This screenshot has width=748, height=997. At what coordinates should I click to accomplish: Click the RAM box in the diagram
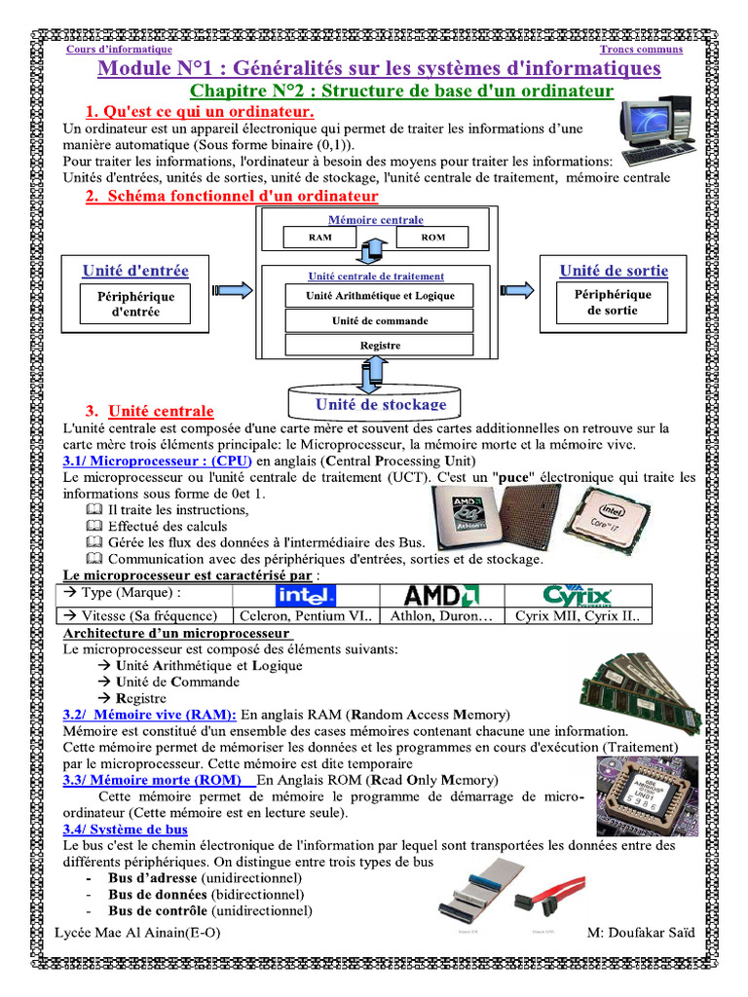(319, 237)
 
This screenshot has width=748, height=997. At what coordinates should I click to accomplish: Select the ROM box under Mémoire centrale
(432, 237)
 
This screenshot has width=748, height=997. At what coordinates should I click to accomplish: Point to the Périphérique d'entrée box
(135, 304)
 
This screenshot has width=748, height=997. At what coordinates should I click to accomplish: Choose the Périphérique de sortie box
(613, 302)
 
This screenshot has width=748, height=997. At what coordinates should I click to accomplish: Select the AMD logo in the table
(442, 595)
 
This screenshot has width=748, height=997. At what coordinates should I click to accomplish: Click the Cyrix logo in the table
(577, 595)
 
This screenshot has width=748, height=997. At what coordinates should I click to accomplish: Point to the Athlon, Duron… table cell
(442, 615)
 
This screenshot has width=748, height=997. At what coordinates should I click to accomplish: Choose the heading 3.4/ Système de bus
(126, 830)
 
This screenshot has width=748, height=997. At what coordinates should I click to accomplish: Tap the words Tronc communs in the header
(641, 49)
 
